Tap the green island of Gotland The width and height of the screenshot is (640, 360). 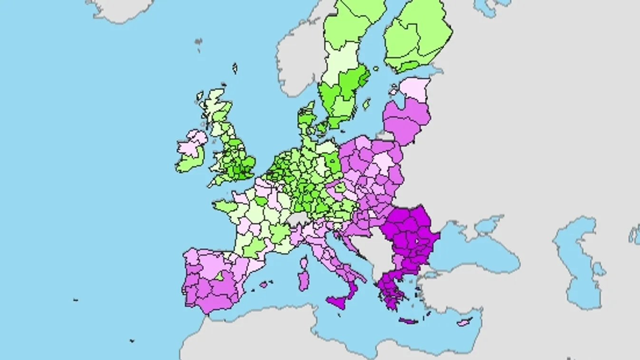366,104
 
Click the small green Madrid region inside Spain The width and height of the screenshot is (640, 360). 219,275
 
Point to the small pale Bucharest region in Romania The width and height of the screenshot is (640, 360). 417,241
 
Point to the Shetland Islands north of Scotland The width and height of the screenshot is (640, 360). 235,68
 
